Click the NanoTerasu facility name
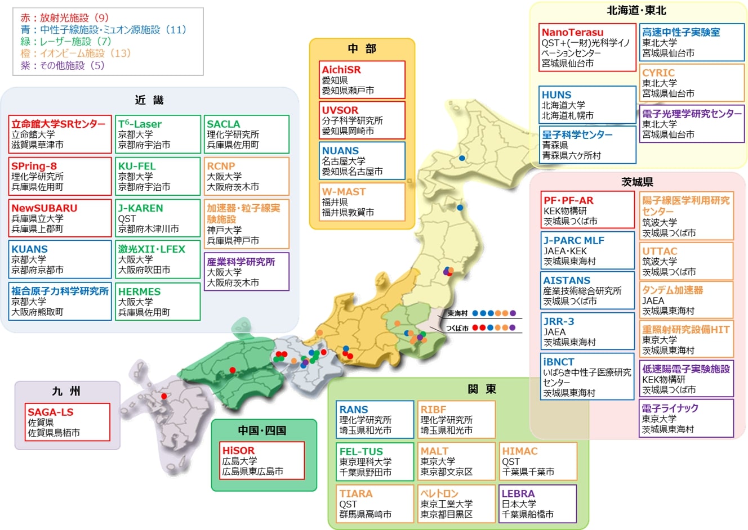[x=572, y=33]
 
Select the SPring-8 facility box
[x=60, y=176]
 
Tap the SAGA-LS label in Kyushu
[x=51, y=412]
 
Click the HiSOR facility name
[x=238, y=451]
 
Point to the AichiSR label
[x=341, y=70]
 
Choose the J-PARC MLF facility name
[x=573, y=240]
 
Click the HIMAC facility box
[x=538, y=461]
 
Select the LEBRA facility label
[x=518, y=493]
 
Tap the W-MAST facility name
[x=344, y=192]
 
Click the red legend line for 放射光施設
[x=65, y=18]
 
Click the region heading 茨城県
[x=637, y=182]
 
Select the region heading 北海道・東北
[x=636, y=11]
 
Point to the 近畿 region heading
[x=149, y=100]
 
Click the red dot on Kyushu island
[x=164, y=396]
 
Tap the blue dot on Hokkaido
[x=462, y=158]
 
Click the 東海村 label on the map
[x=457, y=313]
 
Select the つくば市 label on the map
[x=457, y=328]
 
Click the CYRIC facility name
[x=658, y=73]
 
